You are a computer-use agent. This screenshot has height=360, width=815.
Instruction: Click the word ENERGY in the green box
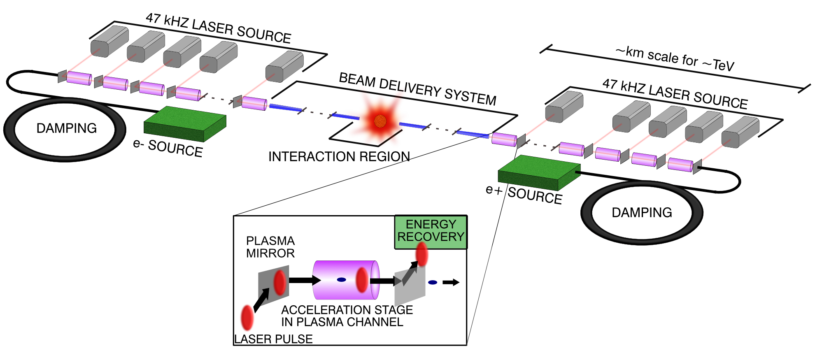click(x=431, y=224)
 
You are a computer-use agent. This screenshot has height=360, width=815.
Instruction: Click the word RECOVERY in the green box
click(x=431, y=237)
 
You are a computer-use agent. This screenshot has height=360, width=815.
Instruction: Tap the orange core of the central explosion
click(x=380, y=121)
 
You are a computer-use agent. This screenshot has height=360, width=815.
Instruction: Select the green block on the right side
click(x=538, y=172)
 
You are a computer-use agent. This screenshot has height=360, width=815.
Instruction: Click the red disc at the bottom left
click(x=247, y=318)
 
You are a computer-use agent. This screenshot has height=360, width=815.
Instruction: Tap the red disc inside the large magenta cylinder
click(x=361, y=280)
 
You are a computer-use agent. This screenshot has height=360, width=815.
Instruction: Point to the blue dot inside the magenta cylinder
click(x=341, y=280)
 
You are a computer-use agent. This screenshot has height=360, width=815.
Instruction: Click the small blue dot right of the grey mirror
click(x=432, y=282)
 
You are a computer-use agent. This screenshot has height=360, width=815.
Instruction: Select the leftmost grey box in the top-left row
click(x=109, y=41)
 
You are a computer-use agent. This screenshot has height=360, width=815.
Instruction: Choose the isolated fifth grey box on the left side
click(x=284, y=66)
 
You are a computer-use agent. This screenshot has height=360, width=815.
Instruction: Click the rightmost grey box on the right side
click(x=740, y=132)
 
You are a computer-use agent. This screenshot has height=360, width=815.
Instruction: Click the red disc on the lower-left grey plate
click(x=280, y=282)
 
